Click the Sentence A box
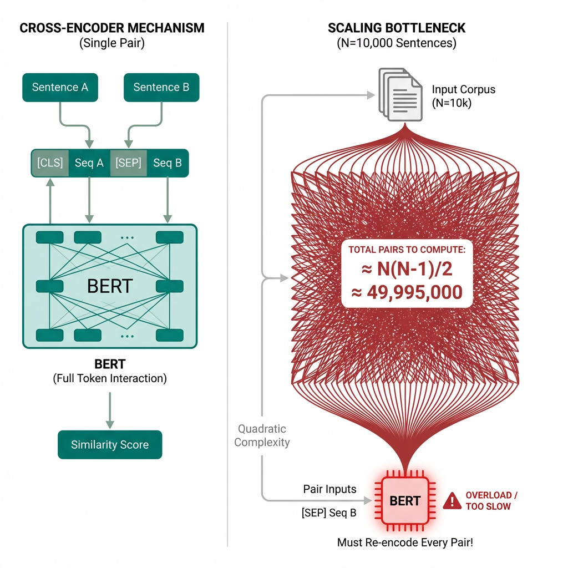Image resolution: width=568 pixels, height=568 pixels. click(x=60, y=88)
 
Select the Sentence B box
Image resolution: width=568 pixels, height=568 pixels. click(x=161, y=88)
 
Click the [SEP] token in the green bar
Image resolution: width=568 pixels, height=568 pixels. click(x=128, y=163)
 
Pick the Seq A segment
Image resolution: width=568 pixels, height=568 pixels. click(x=89, y=163)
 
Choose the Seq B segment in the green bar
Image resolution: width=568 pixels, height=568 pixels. click(x=167, y=163)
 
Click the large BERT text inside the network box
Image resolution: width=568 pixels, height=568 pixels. click(x=110, y=286)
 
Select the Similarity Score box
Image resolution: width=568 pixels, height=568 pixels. click(x=110, y=445)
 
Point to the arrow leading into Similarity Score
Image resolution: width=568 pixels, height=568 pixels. click(x=110, y=410)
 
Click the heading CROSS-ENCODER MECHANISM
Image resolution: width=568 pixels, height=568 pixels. click(x=111, y=28)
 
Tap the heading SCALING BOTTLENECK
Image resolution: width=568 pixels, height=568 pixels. click(x=397, y=28)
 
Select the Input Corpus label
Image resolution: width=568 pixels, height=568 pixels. click(x=463, y=95)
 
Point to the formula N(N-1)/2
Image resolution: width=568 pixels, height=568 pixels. click(x=407, y=270)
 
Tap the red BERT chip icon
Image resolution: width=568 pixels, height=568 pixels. click(x=405, y=501)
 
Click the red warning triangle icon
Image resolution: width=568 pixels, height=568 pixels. click(x=453, y=501)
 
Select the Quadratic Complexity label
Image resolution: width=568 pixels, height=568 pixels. click(x=262, y=435)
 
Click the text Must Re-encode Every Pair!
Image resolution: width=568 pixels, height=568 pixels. click(x=405, y=542)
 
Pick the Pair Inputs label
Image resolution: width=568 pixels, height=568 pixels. click(x=329, y=489)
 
